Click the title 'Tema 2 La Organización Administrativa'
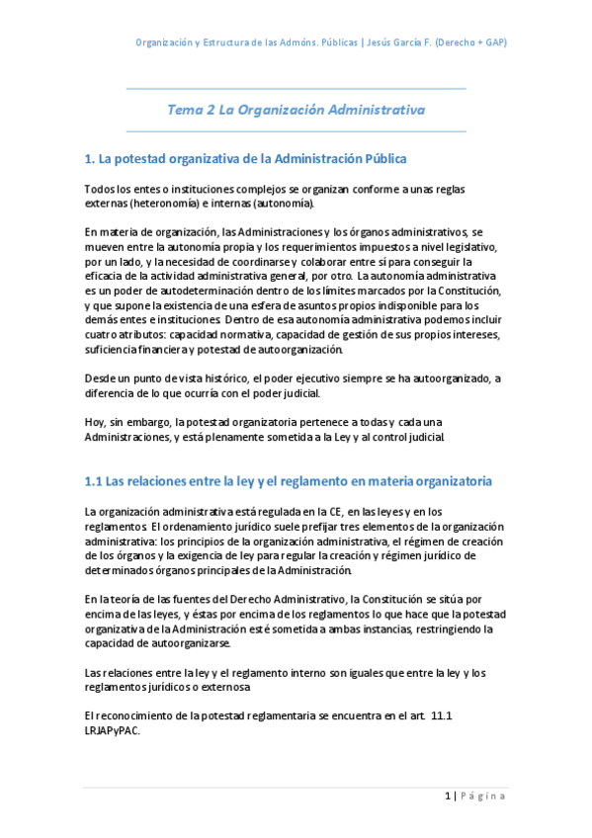[x=296, y=111]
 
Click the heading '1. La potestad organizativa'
[x=245, y=158]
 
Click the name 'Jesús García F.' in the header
[x=407, y=43]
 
